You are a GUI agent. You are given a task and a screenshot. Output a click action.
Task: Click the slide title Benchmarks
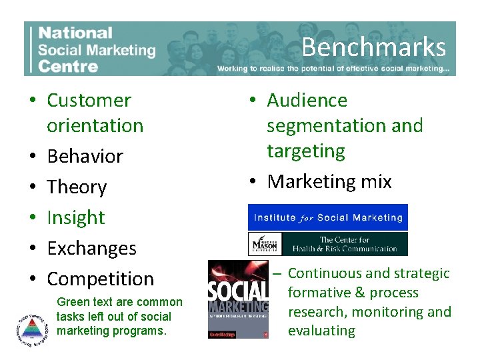click(373, 47)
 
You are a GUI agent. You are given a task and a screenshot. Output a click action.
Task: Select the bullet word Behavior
click(85, 157)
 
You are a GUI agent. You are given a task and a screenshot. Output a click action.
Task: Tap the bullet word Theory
click(77, 187)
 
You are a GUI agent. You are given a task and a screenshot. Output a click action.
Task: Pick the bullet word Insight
click(75, 218)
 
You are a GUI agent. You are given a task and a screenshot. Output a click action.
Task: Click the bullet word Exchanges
click(91, 249)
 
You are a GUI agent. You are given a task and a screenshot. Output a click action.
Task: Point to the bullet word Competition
click(100, 279)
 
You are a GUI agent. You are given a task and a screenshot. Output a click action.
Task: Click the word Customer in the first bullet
click(89, 101)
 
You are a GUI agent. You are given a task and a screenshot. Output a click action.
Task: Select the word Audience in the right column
click(307, 101)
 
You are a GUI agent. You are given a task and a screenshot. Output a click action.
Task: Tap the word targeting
click(305, 151)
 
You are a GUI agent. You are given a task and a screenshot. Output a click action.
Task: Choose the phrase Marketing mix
click(329, 182)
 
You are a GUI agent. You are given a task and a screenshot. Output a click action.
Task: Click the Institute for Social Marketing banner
click(327, 217)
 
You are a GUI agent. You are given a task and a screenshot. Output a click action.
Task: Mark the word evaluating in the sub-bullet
click(321, 331)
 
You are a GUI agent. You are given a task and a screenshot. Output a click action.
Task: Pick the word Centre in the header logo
click(68, 65)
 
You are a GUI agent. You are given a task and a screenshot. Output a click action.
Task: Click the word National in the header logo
click(75, 33)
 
